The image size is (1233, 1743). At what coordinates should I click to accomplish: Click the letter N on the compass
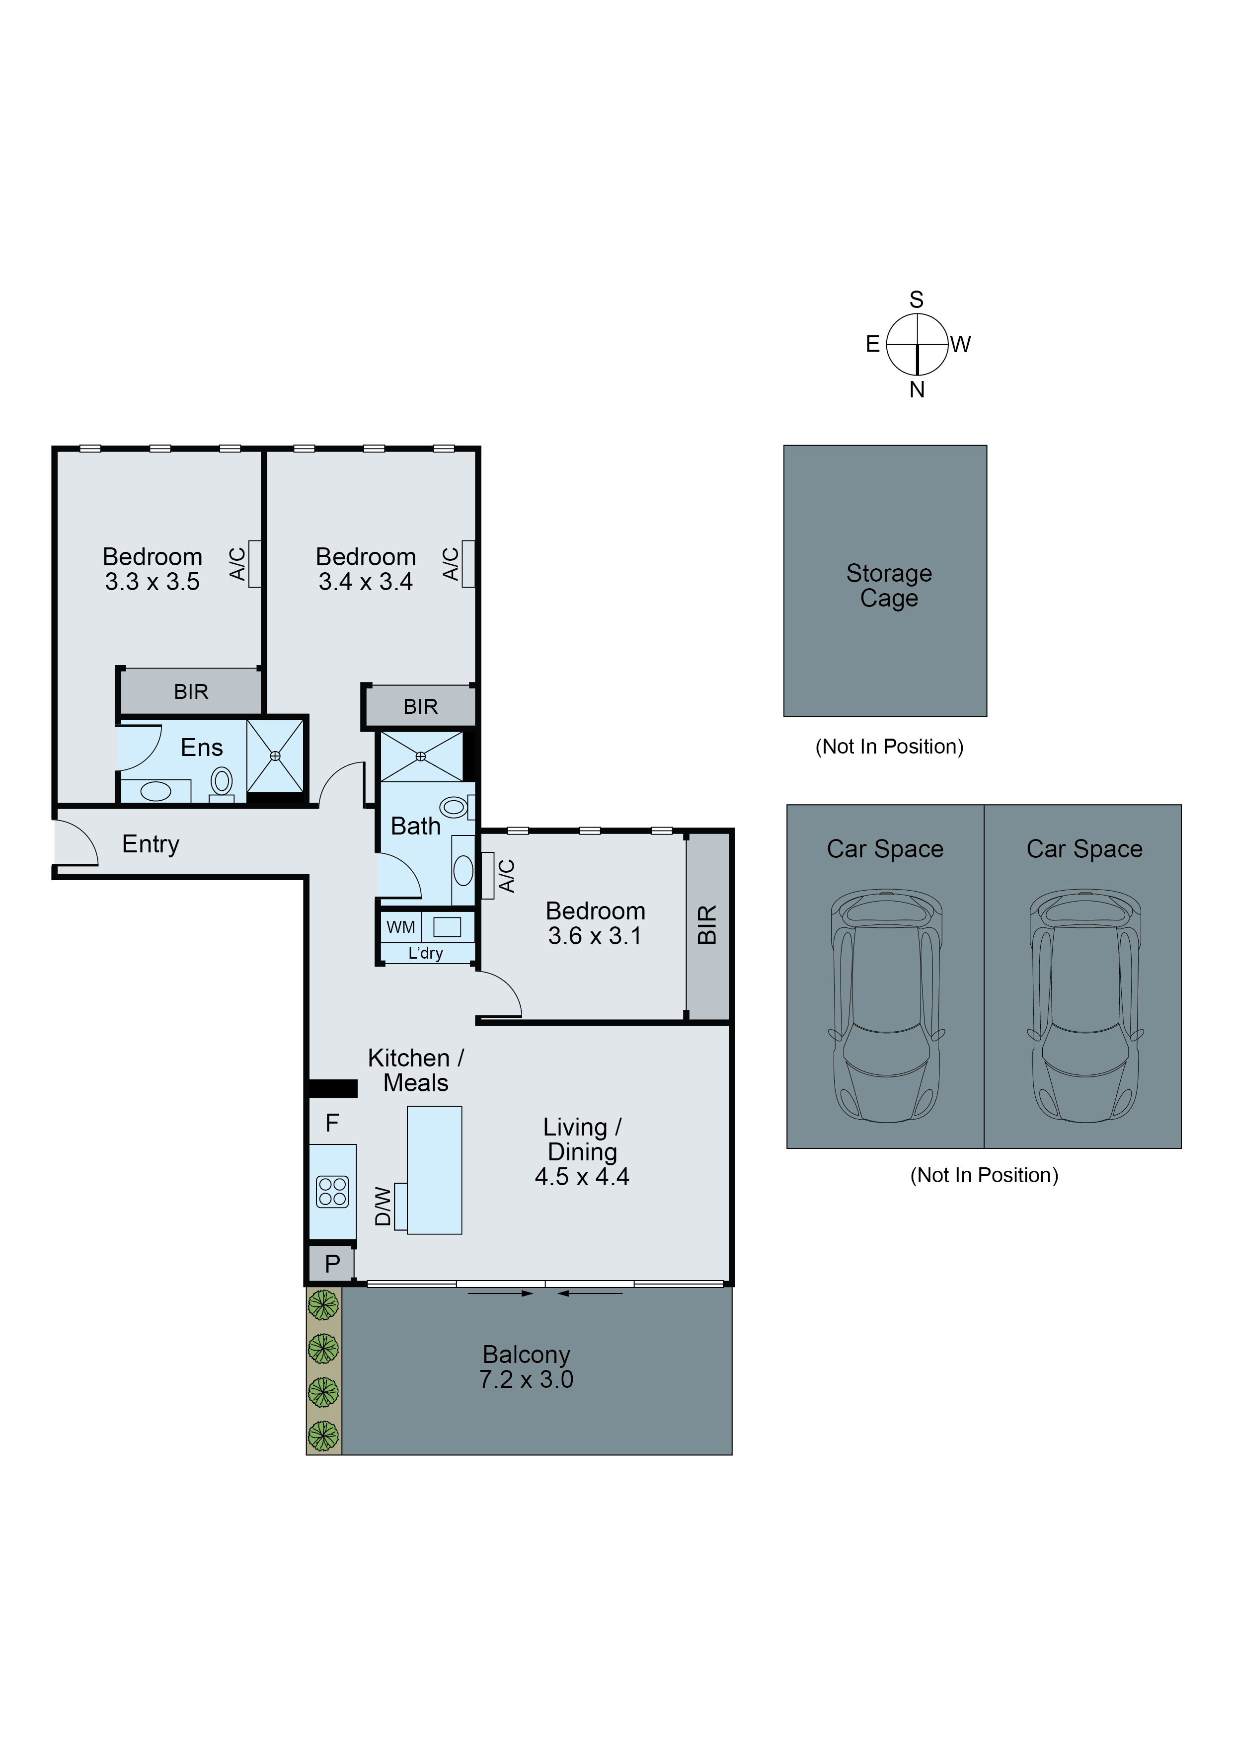click(x=917, y=389)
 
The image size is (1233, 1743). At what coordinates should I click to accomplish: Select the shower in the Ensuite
click(x=275, y=756)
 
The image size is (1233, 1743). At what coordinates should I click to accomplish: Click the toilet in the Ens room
click(x=221, y=781)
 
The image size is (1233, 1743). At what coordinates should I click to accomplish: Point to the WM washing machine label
click(x=400, y=927)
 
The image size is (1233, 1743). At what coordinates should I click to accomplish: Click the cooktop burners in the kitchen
click(x=332, y=1191)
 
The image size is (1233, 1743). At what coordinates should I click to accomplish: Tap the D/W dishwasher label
click(x=383, y=1206)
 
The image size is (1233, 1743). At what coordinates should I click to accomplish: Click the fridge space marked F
click(x=332, y=1123)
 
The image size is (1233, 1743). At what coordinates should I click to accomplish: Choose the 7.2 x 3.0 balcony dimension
click(x=526, y=1379)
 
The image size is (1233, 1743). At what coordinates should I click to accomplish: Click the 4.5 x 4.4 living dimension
click(x=582, y=1177)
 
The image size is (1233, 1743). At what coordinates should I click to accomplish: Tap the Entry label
click(x=151, y=844)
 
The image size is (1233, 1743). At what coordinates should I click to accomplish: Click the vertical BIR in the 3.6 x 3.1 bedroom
click(x=707, y=924)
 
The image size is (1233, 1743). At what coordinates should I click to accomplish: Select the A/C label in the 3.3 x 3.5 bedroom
click(x=237, y=564)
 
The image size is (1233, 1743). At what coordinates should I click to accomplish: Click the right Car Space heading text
click(x=1083, y=849)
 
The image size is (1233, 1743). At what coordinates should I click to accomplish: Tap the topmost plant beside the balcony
click(x=323, y=1305)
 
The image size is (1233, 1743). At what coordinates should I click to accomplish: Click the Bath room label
click(x=415, y=826)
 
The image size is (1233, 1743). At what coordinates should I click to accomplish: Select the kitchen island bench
click(x=434, y=1170)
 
